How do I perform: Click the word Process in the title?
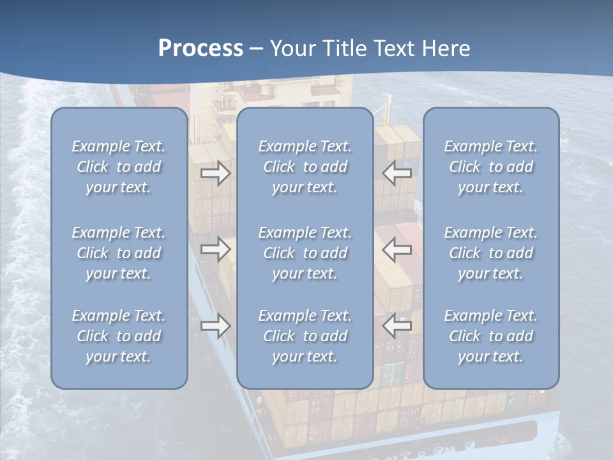201,49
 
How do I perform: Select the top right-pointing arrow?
215,173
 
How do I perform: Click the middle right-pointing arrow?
215,249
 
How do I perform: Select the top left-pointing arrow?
397,173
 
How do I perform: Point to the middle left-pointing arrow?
397,249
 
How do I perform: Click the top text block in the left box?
119,167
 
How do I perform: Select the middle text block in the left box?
119,253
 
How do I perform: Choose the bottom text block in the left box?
119,336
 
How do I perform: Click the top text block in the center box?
305,167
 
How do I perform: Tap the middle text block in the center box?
305,253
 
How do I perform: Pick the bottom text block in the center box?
305,336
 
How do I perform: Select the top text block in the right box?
491,167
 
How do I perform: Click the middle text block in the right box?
491,253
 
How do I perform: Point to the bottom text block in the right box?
491,336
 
